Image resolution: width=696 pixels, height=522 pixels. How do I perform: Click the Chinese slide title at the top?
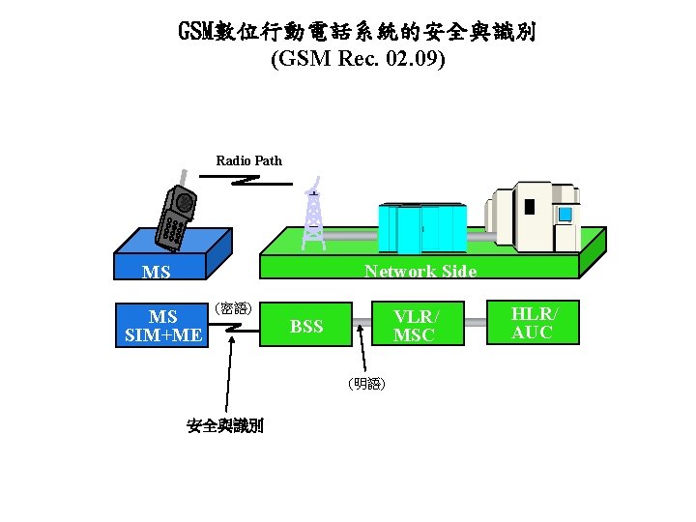(x=357, y=32)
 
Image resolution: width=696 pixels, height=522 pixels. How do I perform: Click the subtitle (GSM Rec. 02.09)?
(x=358, y=60)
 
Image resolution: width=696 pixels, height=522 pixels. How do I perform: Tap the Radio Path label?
(x=248, y=160)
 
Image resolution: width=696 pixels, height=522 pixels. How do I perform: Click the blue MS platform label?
(x=157, y=273)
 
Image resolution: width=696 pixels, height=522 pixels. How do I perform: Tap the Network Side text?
(x=420, y=272)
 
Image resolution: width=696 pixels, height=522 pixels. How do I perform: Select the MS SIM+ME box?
(x=163, y=326)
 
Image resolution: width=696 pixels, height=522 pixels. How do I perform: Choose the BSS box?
(x=306, y=326)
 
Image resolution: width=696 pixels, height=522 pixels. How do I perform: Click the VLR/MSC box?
(x=415, y=326)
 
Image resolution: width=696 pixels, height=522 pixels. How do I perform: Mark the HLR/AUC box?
(x=532, y=321)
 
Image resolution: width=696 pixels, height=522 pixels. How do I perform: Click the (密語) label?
(x=233, y=309)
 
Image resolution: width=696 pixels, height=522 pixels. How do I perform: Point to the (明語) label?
(x=367, y=384)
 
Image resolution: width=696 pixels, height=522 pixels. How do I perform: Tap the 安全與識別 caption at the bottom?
(x=224, y=425)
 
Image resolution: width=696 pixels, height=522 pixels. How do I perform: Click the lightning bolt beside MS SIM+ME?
(x=232, y=330)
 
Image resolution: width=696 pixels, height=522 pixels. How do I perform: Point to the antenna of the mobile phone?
(x=182, y=182)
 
